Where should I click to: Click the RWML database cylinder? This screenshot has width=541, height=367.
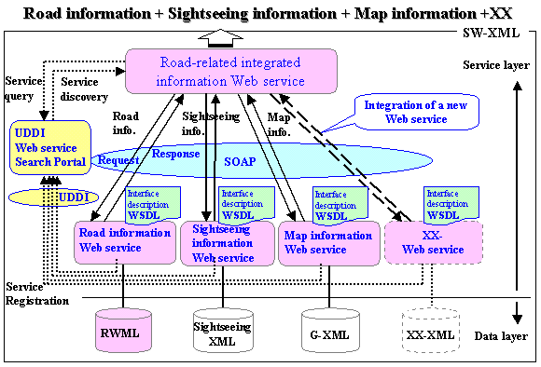click(123, 330)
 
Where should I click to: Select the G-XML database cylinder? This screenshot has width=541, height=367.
click(330, 330)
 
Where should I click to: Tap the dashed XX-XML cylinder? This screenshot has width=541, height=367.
click(431, 330)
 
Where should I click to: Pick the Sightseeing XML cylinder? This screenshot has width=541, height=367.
click(223, 330)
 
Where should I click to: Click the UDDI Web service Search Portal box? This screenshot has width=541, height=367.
click(50, 147)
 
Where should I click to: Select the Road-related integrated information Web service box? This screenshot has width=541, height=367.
click(230, 72)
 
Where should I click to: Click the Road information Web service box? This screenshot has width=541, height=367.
click(125, 242)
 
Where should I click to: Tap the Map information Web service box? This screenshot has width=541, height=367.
click(329, 243)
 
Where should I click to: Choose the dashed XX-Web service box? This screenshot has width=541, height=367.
click(434, 242)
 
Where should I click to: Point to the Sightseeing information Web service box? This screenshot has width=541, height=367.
click(228, 243)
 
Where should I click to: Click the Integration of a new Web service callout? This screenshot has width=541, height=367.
click(416, 112)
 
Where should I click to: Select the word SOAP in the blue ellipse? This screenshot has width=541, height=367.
click(240, 161)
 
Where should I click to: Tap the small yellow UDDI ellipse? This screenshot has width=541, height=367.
click(53, 197)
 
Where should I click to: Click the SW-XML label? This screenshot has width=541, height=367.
click(491, 34)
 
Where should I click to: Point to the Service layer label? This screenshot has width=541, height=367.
click(496, 65)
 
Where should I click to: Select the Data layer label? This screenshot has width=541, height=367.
click(501, 336)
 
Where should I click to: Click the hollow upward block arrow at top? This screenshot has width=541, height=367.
click(221, 38)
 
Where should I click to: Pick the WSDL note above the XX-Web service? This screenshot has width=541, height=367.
click(451, 205)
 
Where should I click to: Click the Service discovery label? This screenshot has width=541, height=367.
click(84, 89)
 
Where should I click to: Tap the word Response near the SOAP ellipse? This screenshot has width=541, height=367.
click(175, 154)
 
